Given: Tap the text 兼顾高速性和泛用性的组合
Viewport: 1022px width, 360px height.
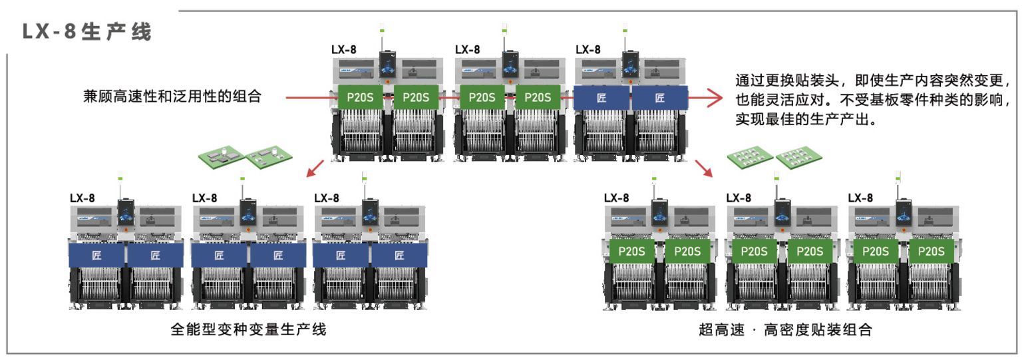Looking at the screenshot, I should [172, 96].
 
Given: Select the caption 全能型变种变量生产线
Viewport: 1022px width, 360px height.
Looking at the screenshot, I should [249, 329].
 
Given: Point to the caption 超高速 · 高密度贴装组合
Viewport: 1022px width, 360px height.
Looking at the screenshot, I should [785, 329].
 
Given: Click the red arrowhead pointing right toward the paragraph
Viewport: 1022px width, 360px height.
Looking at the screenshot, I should [715, 98].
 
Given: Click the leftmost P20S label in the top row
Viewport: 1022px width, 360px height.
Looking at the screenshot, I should [361, 97].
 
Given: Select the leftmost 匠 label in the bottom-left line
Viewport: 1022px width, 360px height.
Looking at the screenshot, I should [97, 256].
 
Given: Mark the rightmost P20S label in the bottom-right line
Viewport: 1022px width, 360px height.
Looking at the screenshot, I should [931, 252].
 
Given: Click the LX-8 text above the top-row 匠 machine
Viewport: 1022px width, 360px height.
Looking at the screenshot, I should [588, 49].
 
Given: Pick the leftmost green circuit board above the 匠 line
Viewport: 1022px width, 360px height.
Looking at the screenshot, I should [222, 156].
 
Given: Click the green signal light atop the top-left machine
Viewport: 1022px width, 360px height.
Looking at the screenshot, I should [382, 30].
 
